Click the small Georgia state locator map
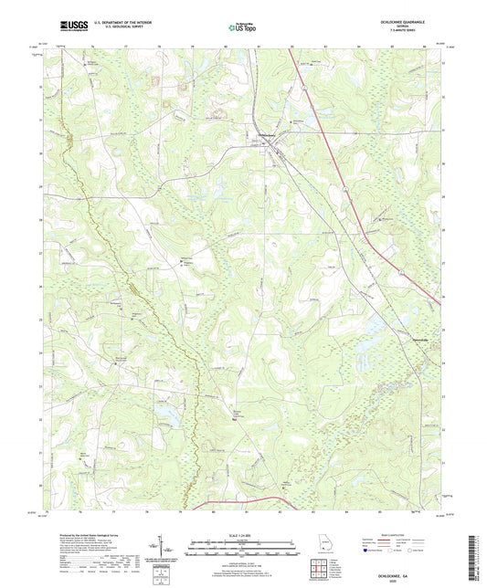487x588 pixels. coord(322,539)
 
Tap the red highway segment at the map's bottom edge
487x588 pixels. coord(247,499)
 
